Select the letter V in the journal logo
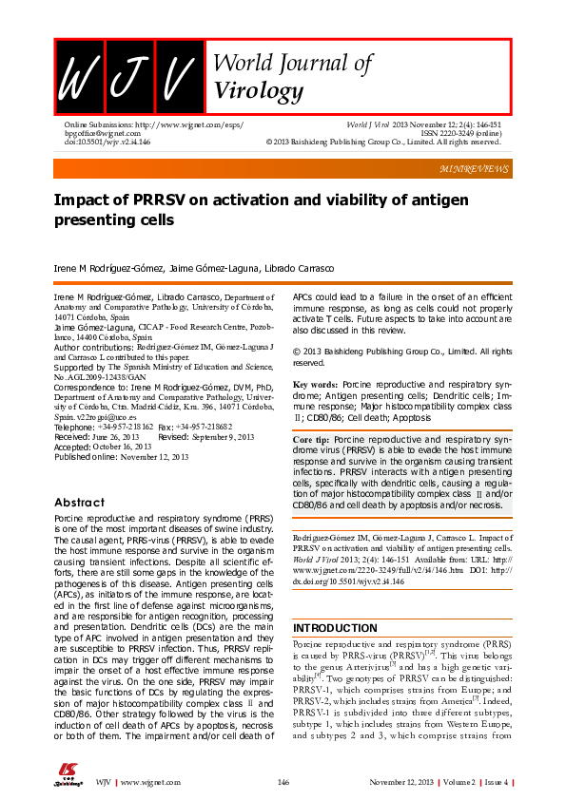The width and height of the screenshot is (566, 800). (x=177, y=75)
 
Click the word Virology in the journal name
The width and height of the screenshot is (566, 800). (x=260, y=91)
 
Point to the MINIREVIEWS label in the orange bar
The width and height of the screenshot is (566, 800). (x=475, y=168)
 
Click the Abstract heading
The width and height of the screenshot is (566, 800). (x=79, y=502)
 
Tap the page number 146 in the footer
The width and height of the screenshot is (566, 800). (x=283, y=782)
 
